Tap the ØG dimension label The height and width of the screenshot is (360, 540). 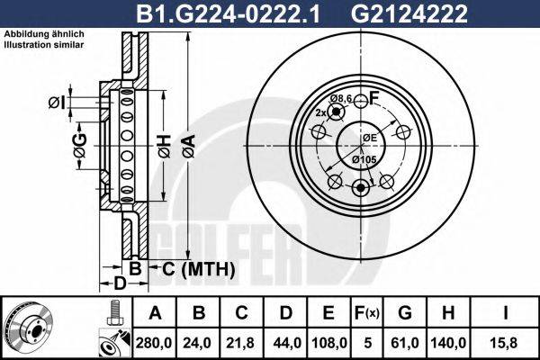(x=79, y=144)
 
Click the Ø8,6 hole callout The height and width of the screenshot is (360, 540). (x=340, y=97)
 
